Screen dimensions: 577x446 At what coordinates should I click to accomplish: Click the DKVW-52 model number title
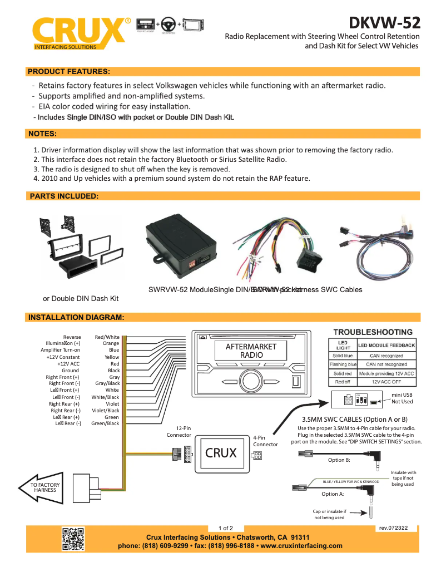(384, 23)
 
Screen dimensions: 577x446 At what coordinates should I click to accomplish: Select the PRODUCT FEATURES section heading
(69, 72)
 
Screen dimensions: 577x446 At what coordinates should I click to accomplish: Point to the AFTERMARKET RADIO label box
(251, 351)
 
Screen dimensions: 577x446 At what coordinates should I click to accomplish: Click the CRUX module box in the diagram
(221, 453)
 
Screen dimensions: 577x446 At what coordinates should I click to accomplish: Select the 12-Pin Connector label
(179, 431)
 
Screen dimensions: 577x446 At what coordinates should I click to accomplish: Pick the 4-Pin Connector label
(265, 441)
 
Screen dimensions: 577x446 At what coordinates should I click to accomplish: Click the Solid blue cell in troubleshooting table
(342, 356)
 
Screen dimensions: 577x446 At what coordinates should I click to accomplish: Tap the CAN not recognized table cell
(386, 364)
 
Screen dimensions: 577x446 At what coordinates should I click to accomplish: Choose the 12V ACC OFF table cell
(386, 382)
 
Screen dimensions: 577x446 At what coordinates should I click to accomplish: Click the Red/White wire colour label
(107, 337)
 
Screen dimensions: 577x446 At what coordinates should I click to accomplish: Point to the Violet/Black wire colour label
(106, 411)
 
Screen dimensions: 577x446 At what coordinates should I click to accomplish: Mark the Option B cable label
(339, 460)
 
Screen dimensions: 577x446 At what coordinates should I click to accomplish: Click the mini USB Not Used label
(402, 398)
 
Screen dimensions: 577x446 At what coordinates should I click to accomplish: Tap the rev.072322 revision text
(393, 527)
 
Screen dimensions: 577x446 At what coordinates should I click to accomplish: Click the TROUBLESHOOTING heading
(373, 332)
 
